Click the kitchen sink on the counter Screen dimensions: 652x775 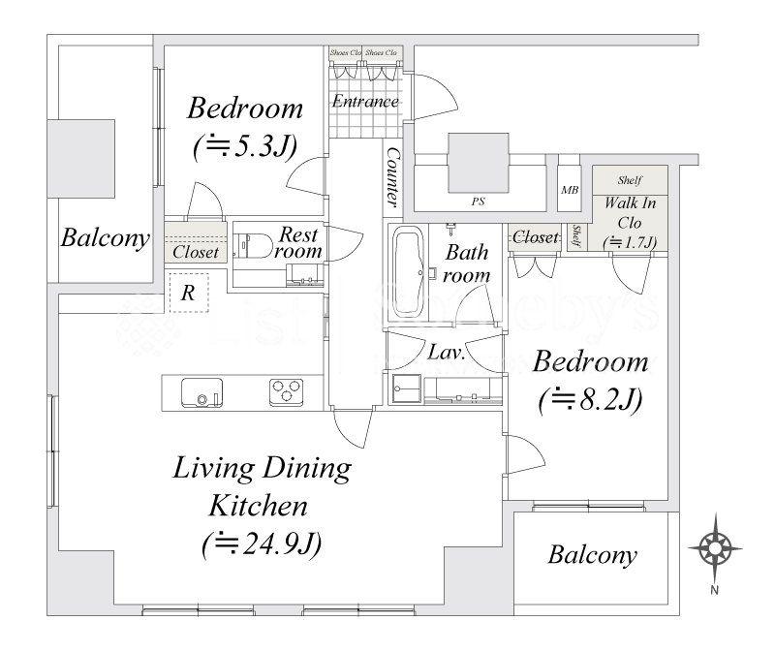(201, 393)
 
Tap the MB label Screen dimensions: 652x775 (570, 190)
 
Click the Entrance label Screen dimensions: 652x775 (364, 101)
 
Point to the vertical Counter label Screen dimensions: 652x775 (392, 177)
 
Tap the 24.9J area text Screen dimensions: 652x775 (262, 544)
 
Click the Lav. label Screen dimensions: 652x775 (448, 354)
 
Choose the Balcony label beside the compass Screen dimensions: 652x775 (592, 555)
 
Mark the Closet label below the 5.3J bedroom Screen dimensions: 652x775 (195, 252)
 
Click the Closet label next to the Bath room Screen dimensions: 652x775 (535, 236)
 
